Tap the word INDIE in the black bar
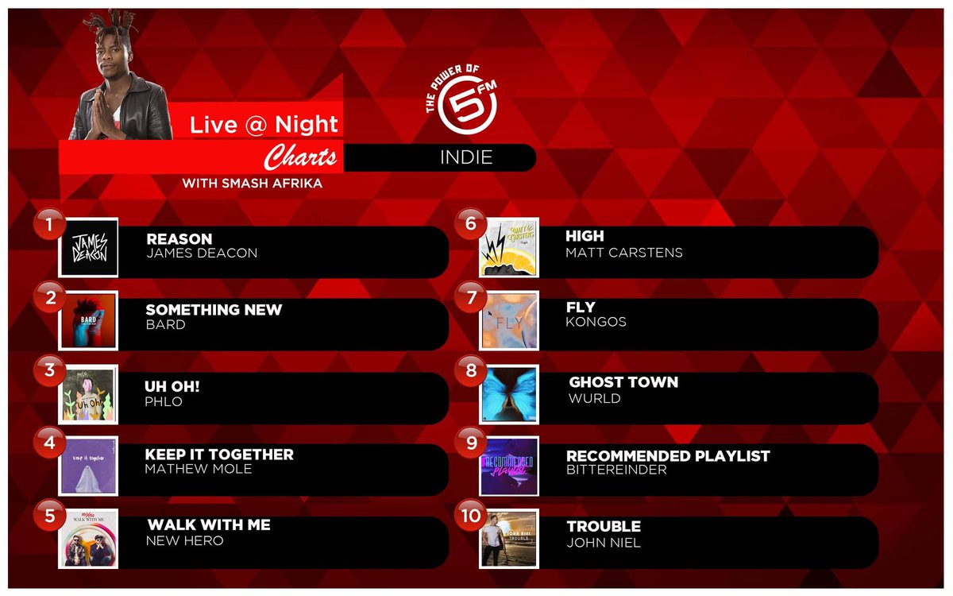(x=466, y=157)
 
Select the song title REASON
(x=179, y=238)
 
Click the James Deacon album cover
(x=88, y=247)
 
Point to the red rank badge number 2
(x=49, y=298)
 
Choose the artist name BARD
(x=165, y=325)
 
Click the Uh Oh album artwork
(x=88, y=393)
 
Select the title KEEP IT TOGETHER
(x=219, y=455)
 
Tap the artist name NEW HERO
(x=184, y=540)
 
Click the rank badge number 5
(x=49, y=515)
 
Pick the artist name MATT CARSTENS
(x=623, y=253)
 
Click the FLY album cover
(x=509, y=320)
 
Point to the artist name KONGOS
(x=596, y=322)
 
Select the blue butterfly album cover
(x=509, y=394)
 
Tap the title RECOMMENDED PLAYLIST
(x=668, y=456)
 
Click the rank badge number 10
(x=470, y=515)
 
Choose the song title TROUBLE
(x=604, y=526)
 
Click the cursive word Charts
(x=300, y=156)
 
